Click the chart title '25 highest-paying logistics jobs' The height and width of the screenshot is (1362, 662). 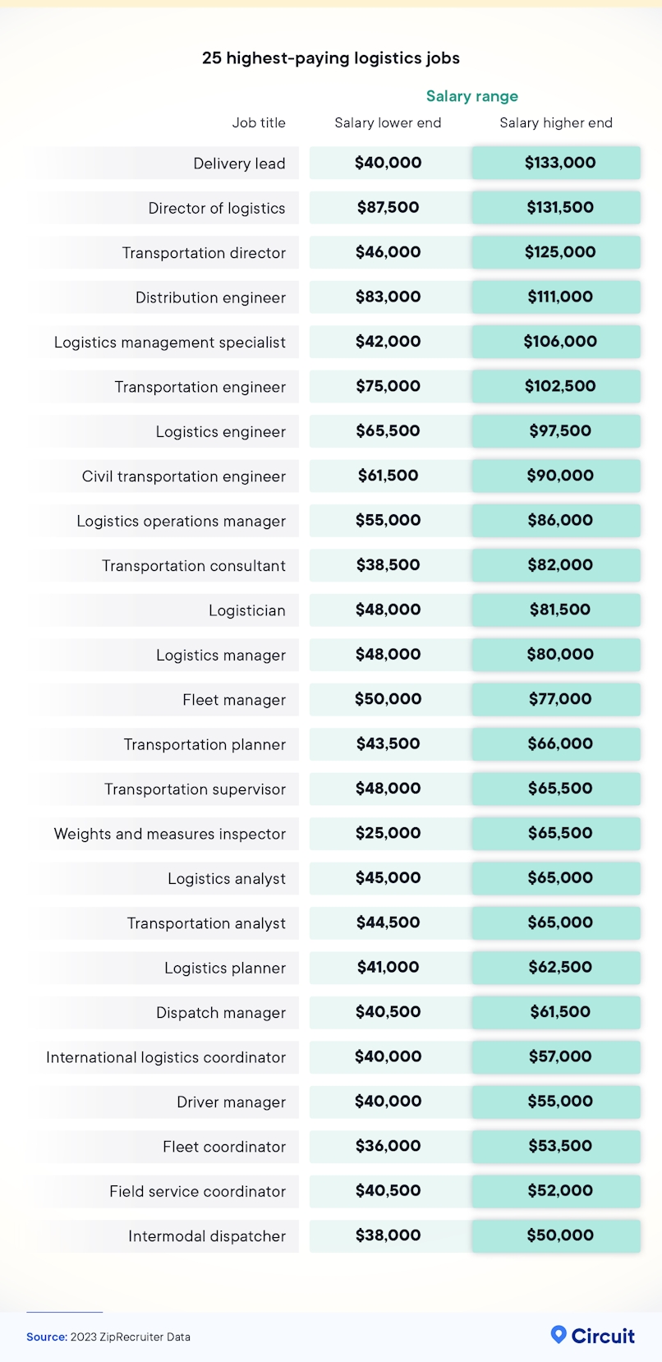330,58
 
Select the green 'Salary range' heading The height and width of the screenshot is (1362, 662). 471,96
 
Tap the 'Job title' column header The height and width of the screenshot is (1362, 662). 259,122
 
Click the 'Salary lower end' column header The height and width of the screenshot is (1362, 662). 388,122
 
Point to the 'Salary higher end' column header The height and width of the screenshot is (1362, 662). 556,122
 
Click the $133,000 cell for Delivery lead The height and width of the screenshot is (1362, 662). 559,163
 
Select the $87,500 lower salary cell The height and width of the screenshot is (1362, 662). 388,208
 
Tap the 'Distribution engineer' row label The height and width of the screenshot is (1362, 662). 210,297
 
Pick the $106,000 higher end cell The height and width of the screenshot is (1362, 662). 559,342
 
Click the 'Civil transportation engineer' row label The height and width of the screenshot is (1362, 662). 184,476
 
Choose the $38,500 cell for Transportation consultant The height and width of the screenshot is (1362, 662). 388,565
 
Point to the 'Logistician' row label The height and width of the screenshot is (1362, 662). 246,610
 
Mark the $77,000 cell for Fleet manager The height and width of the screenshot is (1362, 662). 559,699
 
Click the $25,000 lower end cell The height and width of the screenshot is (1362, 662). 388,833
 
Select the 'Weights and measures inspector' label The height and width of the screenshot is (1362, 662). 170,834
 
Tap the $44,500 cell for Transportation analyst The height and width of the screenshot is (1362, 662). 388,923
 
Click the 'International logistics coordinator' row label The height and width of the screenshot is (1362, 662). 166,1057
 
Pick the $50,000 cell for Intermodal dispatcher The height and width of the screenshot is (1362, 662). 559,1235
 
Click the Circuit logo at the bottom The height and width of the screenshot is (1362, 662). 593,1336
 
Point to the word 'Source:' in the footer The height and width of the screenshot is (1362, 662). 46,1337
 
